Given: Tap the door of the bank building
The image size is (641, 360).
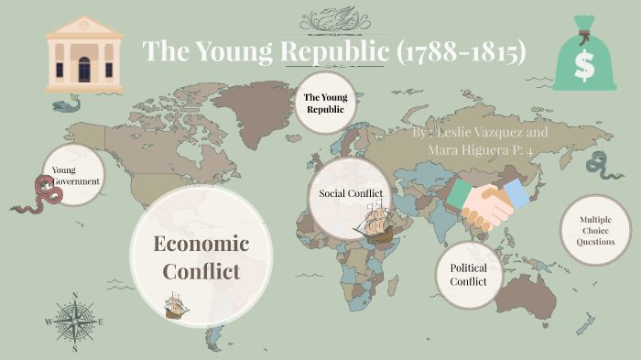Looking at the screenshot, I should click(x=83, y=69).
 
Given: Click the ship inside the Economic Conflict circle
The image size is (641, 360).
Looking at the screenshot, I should click(x=177, y=305).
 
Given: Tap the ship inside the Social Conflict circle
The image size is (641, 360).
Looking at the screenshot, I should click(x=378, y=223).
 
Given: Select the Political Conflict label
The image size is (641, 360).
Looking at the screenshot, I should click(x=469, y=274).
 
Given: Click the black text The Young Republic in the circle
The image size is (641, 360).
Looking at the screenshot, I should click(x=324, y=103).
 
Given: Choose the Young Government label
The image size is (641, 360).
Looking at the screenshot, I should click(x=74, y=176).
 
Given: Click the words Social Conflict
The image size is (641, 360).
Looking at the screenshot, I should click(x=350, y=193).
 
